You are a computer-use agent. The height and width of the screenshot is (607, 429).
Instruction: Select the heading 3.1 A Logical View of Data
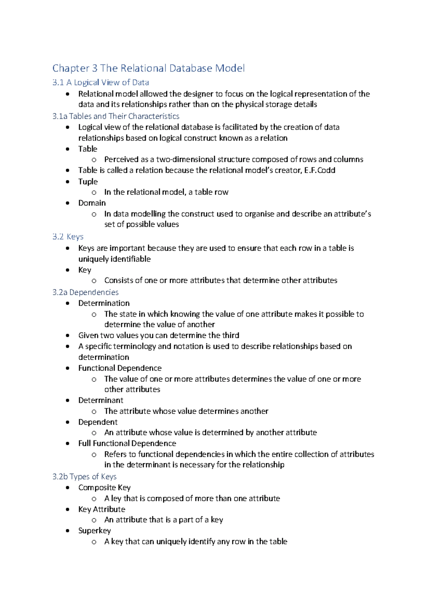pos(100,83)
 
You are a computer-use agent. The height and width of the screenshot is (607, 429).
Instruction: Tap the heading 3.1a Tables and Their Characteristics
pos(115,116)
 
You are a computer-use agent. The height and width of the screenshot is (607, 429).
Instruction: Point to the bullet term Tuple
pos(88,182)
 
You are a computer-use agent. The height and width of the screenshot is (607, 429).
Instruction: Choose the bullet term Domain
pos(92,203)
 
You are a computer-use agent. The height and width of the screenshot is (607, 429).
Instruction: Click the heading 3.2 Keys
pos(68,237)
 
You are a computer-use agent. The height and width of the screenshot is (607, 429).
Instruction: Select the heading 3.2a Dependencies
pos(85,292)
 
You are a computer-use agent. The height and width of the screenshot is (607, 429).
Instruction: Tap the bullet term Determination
pos(104,303)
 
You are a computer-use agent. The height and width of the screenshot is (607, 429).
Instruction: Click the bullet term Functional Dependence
pos(120,368)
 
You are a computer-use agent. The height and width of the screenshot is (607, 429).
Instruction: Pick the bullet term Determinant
pos(100,400)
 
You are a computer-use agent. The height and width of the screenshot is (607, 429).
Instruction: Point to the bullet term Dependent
pos(98,422)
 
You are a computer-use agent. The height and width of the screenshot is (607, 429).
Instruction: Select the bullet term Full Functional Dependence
pos(127,444)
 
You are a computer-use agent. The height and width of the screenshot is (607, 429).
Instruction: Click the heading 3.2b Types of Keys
pos(84,477)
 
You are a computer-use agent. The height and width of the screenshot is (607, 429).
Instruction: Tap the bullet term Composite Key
pos(104,488)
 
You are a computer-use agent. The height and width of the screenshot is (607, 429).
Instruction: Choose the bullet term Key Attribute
pos(102,509)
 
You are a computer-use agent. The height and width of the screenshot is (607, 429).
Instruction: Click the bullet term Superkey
pos(94,531)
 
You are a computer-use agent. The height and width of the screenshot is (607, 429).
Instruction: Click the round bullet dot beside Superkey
pos(68,531)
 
